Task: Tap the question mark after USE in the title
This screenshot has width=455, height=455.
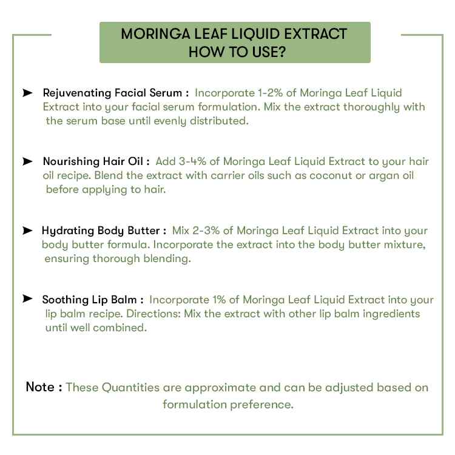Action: click(282, 52)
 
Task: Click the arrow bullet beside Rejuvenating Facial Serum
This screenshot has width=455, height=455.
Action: click(28, 93)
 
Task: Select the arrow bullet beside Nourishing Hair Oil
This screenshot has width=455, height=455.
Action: click(28, 161)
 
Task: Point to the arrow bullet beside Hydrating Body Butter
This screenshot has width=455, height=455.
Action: click(28, 231)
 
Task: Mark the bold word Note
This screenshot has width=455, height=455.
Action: click(40, 387)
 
